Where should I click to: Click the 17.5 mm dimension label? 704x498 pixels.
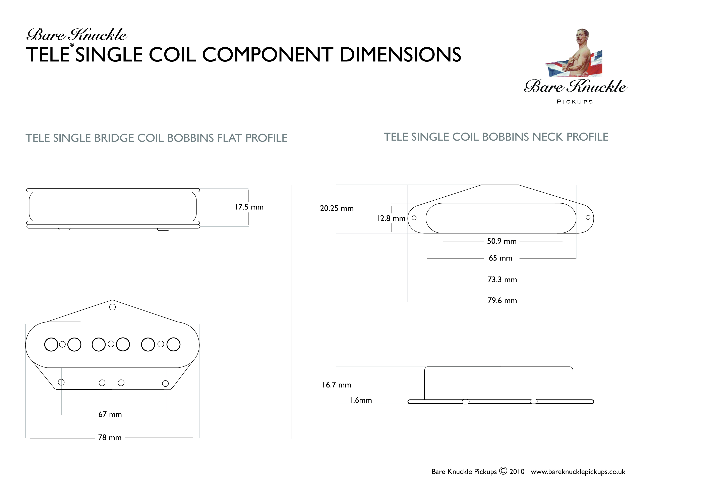249,207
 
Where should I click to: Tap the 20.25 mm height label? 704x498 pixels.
337,209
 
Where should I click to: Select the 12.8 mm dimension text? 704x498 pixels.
391,218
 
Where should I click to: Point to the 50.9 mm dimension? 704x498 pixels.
502,242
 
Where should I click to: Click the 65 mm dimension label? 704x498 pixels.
500,258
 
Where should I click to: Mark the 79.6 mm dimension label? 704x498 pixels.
502,301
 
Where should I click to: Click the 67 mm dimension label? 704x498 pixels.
110,414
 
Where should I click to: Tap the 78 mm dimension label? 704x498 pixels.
110,438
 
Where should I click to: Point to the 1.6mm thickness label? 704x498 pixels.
361,400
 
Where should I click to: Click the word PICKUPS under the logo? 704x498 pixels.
575,102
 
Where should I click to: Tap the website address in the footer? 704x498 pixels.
578,472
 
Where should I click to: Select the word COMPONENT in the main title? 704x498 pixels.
268,55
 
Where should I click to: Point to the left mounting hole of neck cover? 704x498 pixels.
414,218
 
